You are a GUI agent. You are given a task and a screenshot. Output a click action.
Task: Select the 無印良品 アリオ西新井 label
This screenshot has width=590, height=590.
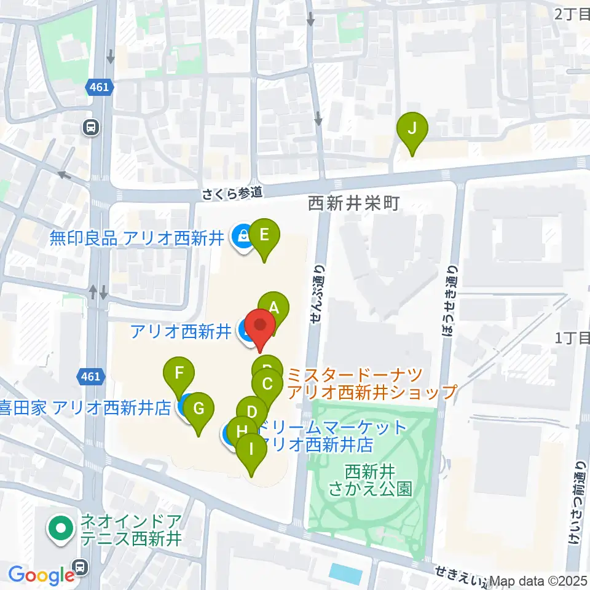tap(139, 237)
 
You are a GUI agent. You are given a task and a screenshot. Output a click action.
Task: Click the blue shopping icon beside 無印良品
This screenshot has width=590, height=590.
tap(242, 235)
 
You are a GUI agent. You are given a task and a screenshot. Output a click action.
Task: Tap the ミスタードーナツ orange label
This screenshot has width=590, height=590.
tap(372, 382)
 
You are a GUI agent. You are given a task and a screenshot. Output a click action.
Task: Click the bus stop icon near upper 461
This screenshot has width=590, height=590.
tap(91, 128)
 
